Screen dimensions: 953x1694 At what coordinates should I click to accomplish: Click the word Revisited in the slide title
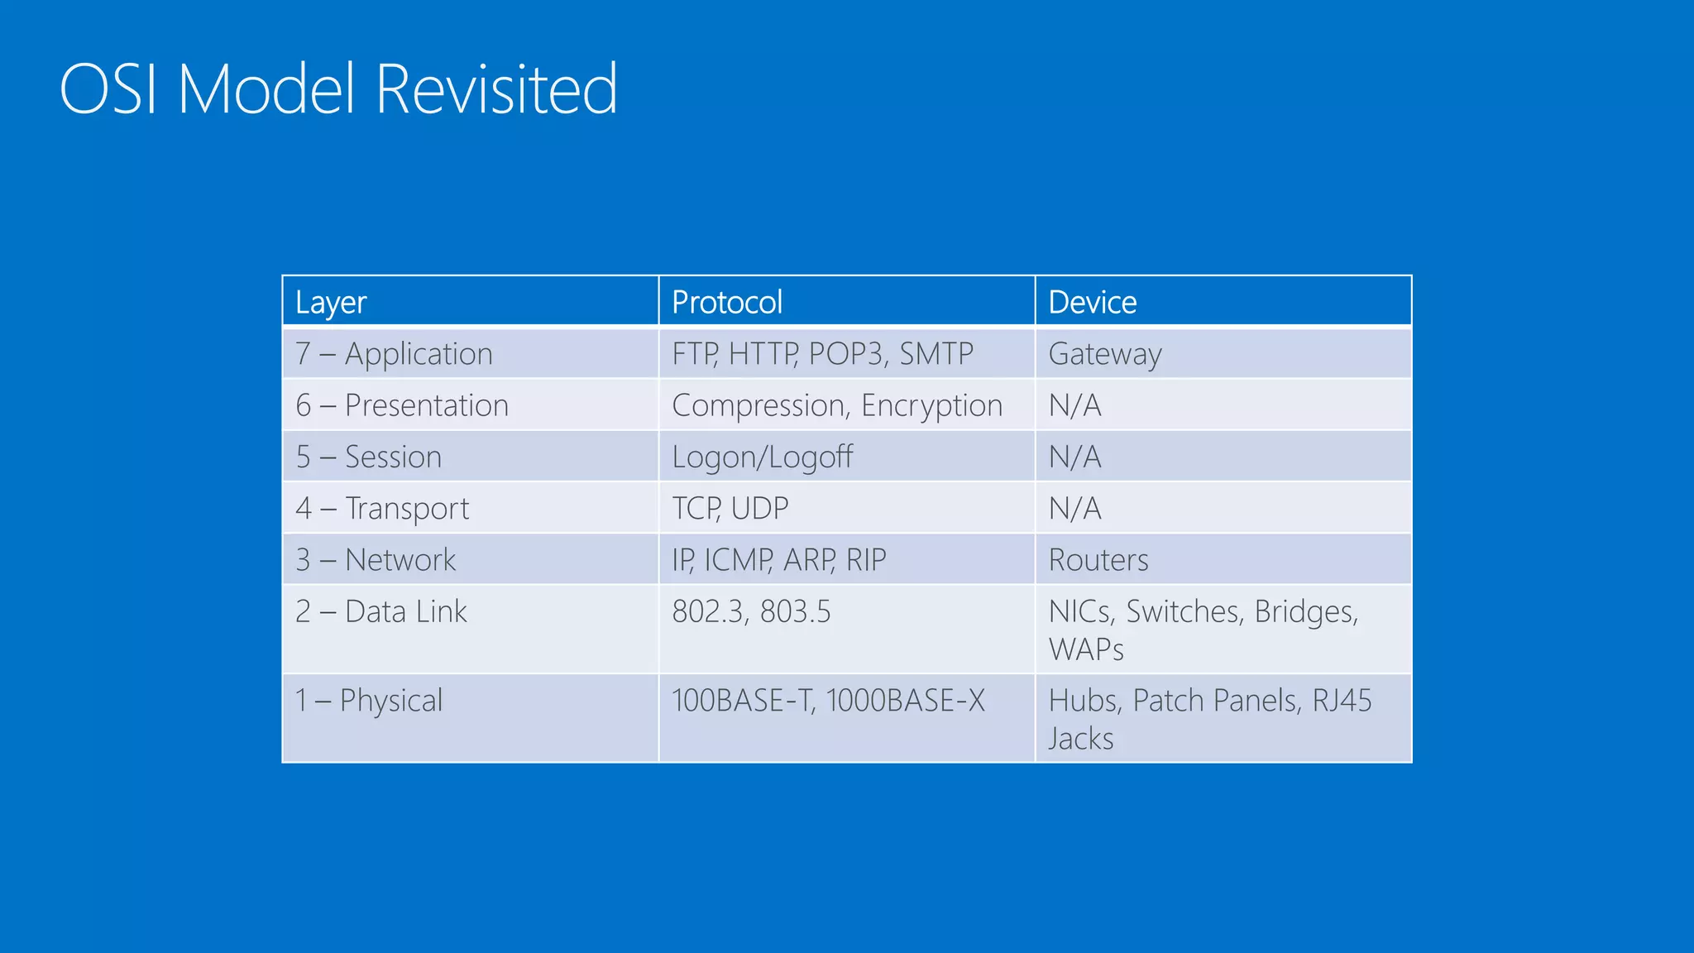point(496,89)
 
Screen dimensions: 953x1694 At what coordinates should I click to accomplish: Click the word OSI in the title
point(108,89)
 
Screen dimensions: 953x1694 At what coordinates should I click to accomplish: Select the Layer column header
point(331,303)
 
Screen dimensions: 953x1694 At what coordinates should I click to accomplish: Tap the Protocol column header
point(726,303)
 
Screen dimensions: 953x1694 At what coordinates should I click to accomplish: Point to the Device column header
point(1092,303)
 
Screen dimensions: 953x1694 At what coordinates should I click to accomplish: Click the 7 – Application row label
point(394,354)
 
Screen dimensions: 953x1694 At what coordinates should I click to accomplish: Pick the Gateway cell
point(1105,354)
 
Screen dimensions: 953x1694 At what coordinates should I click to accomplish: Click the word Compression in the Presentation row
point(760,405)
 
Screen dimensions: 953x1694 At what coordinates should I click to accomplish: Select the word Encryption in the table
point(931,405)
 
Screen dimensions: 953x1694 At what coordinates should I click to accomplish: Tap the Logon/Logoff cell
point(762,457)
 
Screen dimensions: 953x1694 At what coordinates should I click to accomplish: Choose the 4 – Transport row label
point(382,508)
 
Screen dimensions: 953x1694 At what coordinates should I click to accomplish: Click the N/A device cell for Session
point(1074,457)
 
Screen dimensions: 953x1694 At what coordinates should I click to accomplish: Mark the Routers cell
point(1098,560)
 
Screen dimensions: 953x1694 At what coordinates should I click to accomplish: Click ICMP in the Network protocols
point(739,560)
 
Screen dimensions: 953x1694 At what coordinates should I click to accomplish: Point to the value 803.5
point(795,611)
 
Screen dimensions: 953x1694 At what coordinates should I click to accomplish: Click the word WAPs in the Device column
point(1086,649)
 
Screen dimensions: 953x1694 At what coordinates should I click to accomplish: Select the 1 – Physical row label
point(369,701)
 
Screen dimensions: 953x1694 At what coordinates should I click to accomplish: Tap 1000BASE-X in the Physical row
point(905,701)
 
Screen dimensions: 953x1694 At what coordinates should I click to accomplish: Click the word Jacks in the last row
point(1081,739)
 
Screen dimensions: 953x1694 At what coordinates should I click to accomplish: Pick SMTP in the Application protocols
point(936,354)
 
